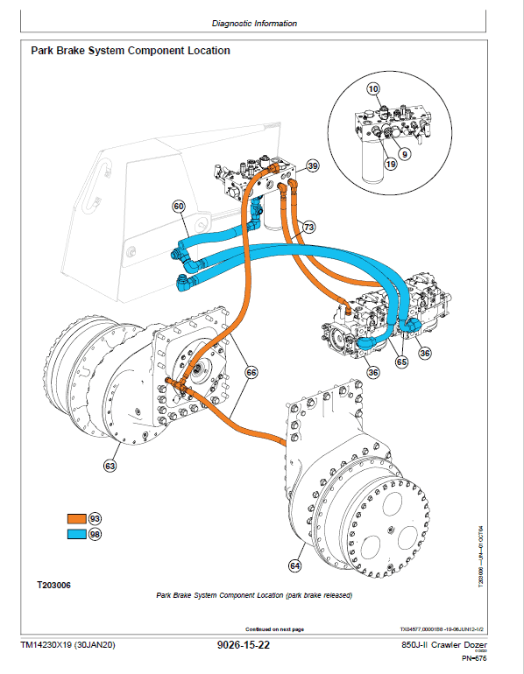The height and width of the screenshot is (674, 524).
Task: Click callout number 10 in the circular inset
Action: pyautogui.click(x=373, y=89)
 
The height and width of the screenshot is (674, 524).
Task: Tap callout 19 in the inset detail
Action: pyautogui.click(x=390, y=164)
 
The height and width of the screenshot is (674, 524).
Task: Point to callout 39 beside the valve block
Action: pyautogui.click(x=313, y=166)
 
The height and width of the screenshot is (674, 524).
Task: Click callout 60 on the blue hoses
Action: pyautogui.click(x=179, y=207)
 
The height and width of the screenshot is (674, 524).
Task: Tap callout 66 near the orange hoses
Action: pyautogui.click(x=251, y=372)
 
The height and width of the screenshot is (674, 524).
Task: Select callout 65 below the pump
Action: pyautogui.click(x=401, y=361)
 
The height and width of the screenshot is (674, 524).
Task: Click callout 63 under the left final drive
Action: pyautogui.click(x=110, y=467)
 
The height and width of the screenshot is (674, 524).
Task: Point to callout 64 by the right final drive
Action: pyautogui.click(x=294, y=566)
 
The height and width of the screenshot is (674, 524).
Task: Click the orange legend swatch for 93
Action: pyautogui.click(x=78, y=517)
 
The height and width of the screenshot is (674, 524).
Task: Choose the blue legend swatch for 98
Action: pyautogui.click(x=78, y=534)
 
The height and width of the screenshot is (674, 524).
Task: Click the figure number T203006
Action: pyautogui.click(x=53, y=584)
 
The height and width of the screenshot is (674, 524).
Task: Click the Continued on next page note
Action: pyautogui.click(x=273, y=628)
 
